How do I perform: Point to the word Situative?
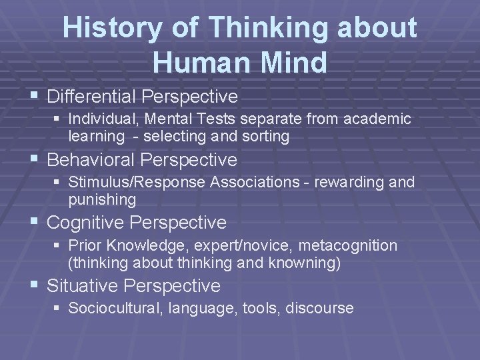coord(84,286)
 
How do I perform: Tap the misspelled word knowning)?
coord(303,263)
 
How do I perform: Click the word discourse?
coord(322,309)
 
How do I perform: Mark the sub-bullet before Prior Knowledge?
coord(59,246)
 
